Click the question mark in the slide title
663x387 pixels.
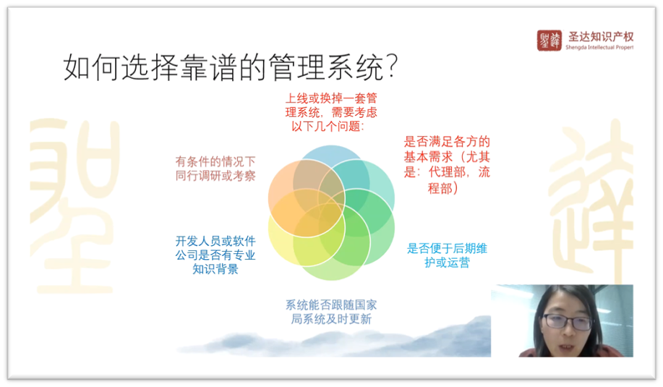click(392, 66)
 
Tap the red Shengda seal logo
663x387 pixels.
click(549, 41)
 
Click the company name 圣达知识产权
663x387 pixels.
click(600, 37)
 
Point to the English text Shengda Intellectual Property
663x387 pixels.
click(599, 47)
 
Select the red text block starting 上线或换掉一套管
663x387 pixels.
click(331, 112)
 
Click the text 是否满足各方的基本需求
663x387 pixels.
click(447, 149)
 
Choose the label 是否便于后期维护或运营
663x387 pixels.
click(447, 255)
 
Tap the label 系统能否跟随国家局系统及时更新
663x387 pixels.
click(331, 312)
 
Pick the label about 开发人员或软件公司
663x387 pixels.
click(215, 255)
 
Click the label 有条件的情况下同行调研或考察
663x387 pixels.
click(215, 169)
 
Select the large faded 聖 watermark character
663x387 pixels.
click(74, 205)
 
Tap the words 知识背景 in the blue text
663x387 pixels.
click(215, 269)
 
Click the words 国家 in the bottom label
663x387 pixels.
click(365, 305)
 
